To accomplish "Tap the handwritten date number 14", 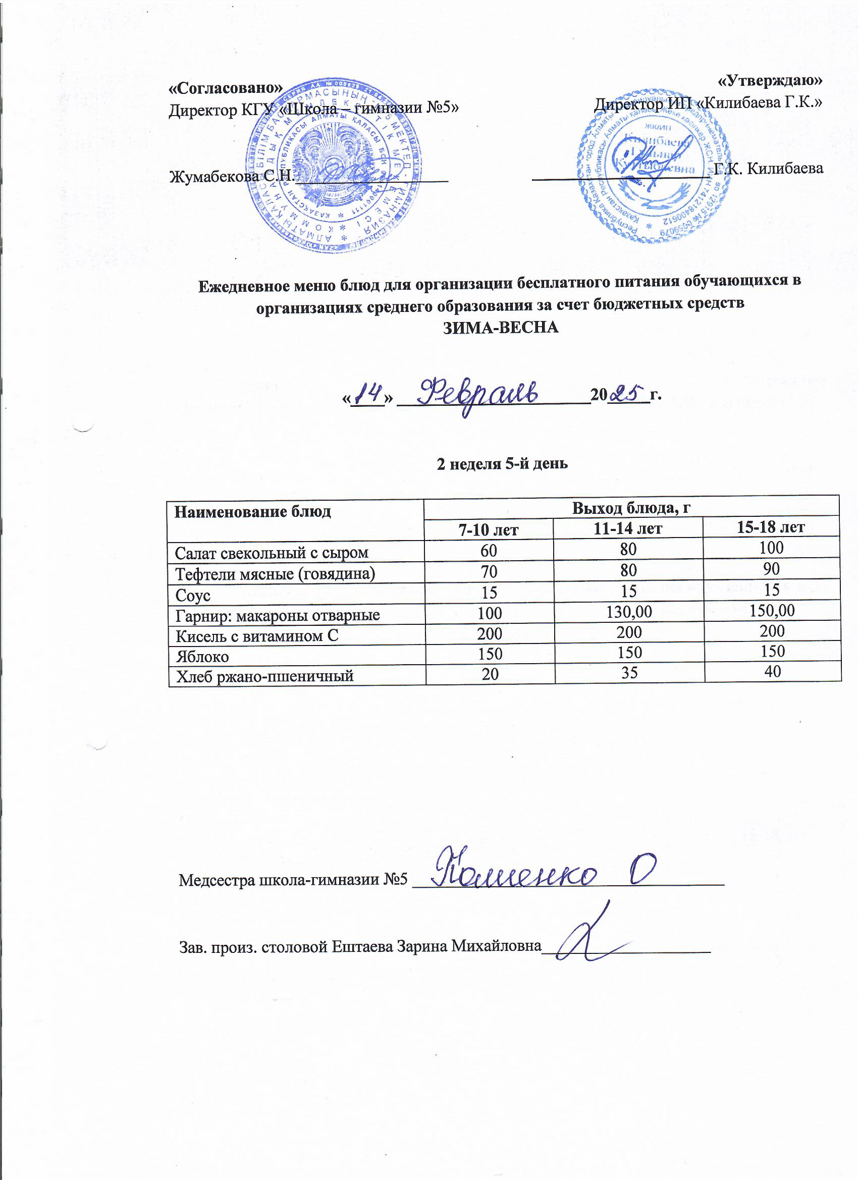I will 367,394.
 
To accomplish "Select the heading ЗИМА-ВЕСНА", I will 500,327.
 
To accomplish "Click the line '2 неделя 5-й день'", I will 502,463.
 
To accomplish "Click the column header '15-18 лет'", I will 771,527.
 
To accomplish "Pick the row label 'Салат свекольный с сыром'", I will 272,553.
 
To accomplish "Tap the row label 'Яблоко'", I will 202,657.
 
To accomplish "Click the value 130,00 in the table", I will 628,612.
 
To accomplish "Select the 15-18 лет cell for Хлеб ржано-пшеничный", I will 772,671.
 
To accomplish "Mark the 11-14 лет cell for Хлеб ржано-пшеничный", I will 629,673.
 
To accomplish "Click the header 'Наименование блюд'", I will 252,512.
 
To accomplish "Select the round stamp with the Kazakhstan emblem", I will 334,167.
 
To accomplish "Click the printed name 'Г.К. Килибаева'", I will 769,168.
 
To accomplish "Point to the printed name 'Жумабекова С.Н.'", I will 232,176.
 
